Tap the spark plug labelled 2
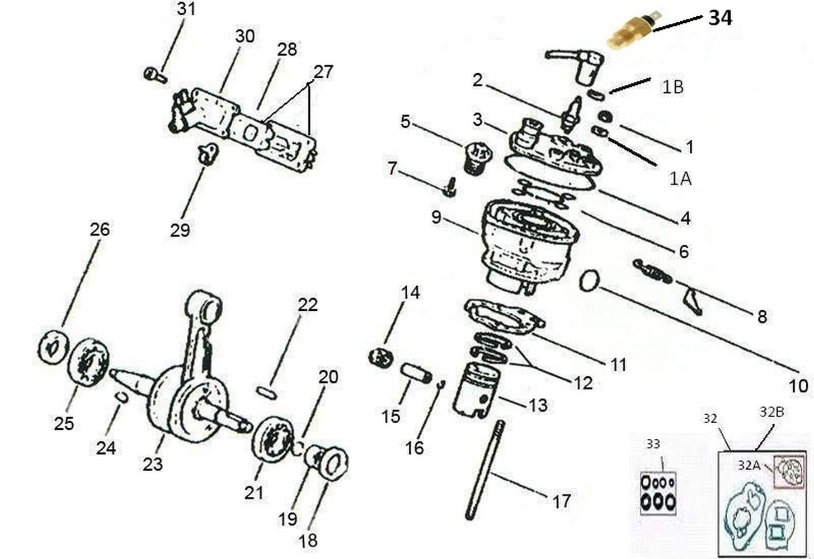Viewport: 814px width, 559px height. tap(571, 114)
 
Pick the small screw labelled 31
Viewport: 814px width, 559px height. tap(155, 75)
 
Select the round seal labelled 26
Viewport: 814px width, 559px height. tap(53, 347)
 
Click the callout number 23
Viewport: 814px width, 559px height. tap(153, 464)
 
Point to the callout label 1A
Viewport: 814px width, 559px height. tap(680, 178)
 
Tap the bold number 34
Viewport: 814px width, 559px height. tap(720, 18)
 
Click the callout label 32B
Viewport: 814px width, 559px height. tap(772, 411)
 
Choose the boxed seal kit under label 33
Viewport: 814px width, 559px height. tap(658, 494)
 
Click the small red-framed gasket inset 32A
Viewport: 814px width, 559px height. tap(789, 472)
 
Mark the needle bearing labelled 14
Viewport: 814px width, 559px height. tap(381, 357)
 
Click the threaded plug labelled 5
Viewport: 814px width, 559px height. tap(478, 158)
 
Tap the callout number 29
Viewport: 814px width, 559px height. tap(180, 230)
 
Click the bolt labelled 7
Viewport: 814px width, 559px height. tap(450, 187)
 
